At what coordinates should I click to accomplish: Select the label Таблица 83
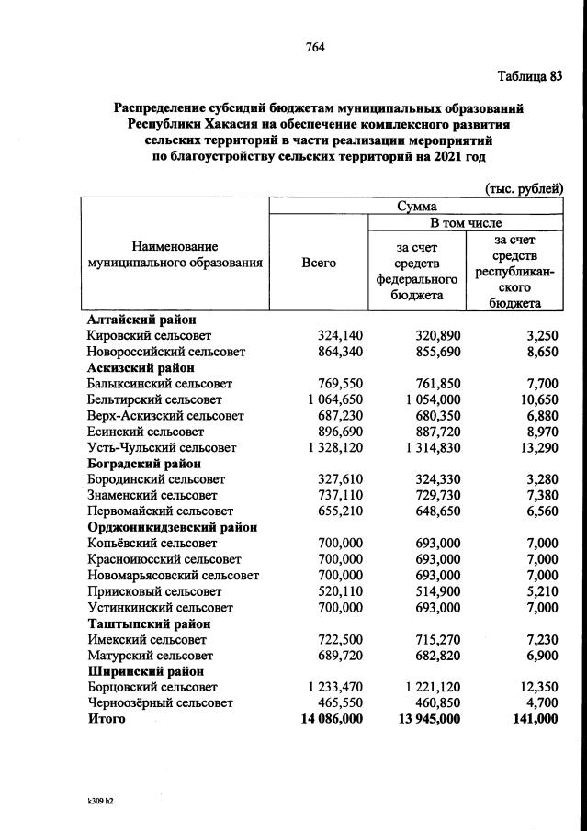tap(529, 75)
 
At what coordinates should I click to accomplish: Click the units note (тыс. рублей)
tap(524, 188)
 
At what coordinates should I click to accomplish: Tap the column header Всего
tap(318, 262)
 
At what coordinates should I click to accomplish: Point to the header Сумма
tap(416, 207)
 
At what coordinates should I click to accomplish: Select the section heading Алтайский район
tap(141, 320)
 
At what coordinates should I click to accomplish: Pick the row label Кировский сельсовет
tap(148, 336)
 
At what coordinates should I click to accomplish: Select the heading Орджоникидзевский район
tap(172, 527)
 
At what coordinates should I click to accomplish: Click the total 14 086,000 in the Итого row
tap(326, 718)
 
